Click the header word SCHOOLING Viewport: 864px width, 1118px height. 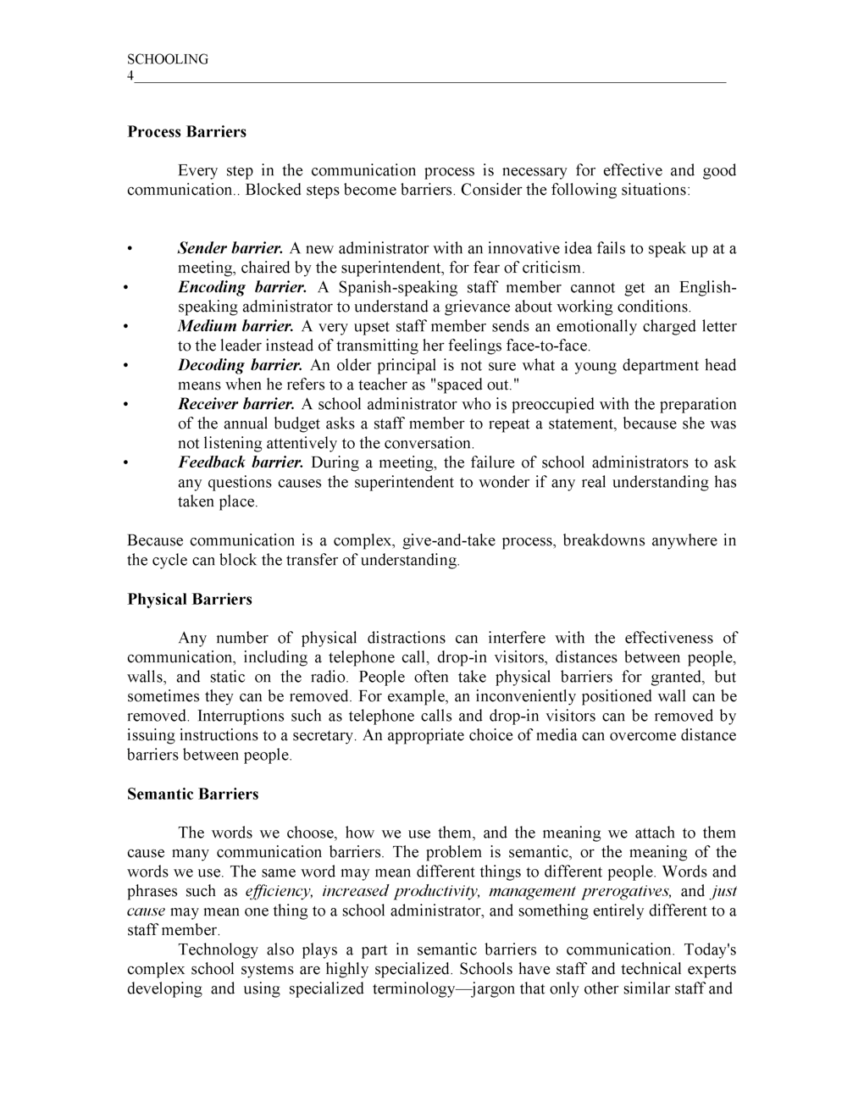pyautogui.click(x=168, y=59)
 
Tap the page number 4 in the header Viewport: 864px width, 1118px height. pyautogui.click(x=130, y=76)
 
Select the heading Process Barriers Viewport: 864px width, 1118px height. pyautogui.click(x=186, y=132)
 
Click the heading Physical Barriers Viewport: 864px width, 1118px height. pyautogui.click(x=190, y=600)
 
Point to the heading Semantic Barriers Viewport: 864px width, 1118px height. pyautogui.click(x=193, y=794)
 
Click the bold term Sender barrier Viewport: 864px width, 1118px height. pyautogui.click(x=230, y=249)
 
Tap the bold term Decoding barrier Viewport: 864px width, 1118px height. pyautogui.click(x=240, y=366)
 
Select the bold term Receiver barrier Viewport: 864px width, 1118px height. pyautogui.click(x=236, y=405)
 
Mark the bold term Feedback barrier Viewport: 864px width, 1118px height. pyautogui.click(x=241, y=462)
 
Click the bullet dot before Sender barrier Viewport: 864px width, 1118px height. pyautogui.click(x=130, y=250)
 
